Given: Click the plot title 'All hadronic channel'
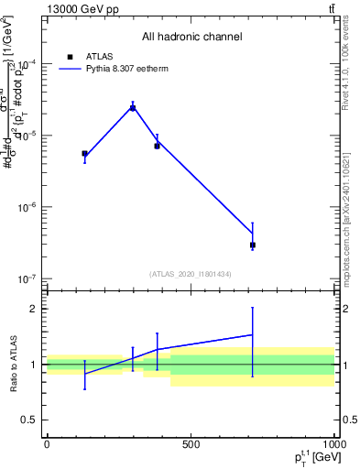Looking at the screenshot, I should [x=191, y=37].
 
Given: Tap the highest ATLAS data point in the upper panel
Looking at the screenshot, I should [x=133, y=108].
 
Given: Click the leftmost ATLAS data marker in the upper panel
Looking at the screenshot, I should [x=84, y=154].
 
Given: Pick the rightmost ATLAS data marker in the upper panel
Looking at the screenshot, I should [x=252, y=245].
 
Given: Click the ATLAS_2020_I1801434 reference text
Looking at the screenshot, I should [x=191, y=274].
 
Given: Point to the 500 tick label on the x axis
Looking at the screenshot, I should [x=191, y=444].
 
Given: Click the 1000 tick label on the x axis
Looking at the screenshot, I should [x=333, y=444].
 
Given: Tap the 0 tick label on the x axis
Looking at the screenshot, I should [x=47, y=444].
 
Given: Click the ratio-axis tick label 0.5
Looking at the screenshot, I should [x=28, y=420].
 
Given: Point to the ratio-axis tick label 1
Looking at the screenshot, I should [x=33, y=365].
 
